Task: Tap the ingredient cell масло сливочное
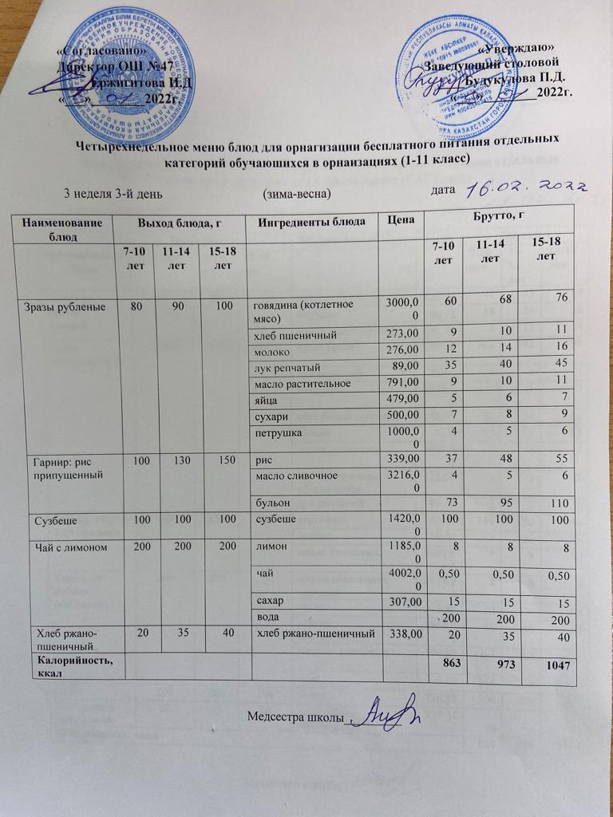[x=295, y=477]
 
